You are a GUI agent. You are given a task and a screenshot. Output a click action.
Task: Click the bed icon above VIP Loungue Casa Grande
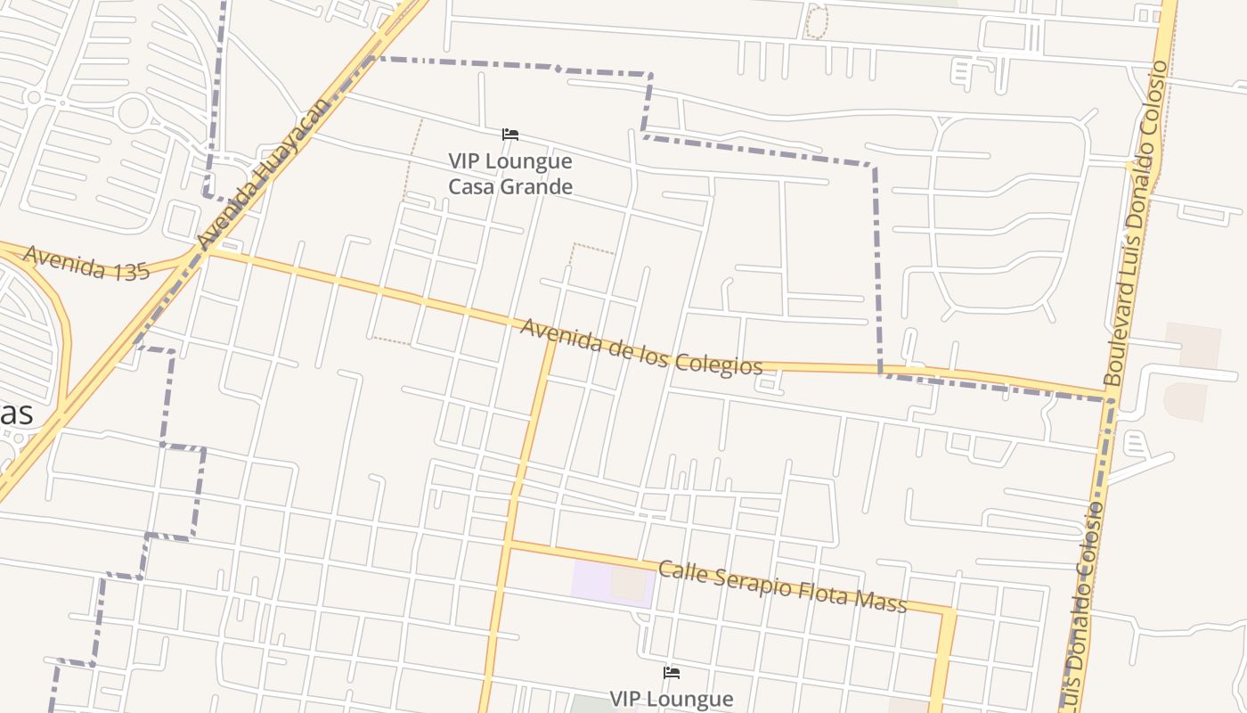[510, 135]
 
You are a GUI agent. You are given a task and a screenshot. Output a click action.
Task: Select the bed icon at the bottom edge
[672, 672]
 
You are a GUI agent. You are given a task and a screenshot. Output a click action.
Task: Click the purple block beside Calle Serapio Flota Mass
[613, 583]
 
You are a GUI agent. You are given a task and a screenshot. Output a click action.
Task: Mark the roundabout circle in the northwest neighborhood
[133, 113]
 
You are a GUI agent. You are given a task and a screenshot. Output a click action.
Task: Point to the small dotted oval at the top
[816, 21]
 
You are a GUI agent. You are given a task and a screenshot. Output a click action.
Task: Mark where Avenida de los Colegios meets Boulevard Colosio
[1110, 397]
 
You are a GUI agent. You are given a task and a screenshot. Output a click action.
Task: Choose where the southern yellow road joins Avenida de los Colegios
[551, 339]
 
